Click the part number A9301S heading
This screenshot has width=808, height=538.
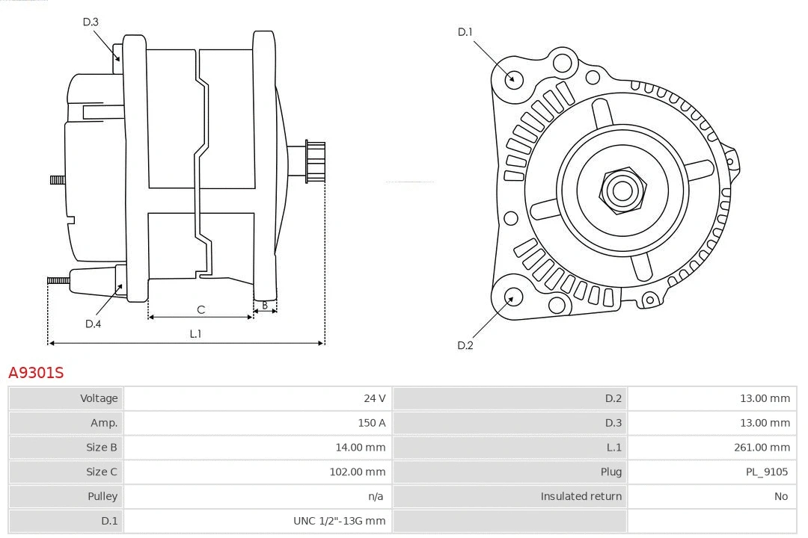36,372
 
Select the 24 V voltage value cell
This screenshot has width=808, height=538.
375,398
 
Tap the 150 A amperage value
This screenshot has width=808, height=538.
372,423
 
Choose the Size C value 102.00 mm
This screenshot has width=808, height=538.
358,471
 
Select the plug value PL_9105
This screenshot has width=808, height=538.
768,471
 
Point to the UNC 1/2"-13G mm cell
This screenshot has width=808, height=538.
339,521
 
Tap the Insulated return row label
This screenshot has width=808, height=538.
581,496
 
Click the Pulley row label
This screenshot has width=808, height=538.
102,496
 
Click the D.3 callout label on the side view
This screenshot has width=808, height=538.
91,22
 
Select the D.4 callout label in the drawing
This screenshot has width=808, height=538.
93,324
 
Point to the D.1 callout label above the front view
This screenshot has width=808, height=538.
465,31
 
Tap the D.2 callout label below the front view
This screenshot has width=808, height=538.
465,345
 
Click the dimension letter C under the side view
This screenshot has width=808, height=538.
201,309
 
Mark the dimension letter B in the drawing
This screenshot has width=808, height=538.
264,305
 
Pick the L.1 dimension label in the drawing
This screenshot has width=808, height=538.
195,334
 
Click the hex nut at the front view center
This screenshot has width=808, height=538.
622,190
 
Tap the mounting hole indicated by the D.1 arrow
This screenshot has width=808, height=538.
513,78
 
